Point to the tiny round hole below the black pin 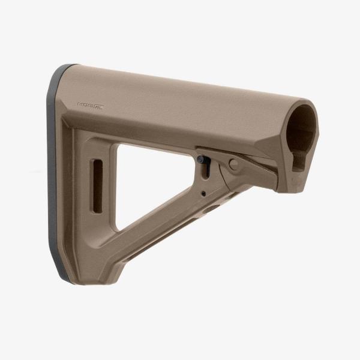click(x=203, y=193)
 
